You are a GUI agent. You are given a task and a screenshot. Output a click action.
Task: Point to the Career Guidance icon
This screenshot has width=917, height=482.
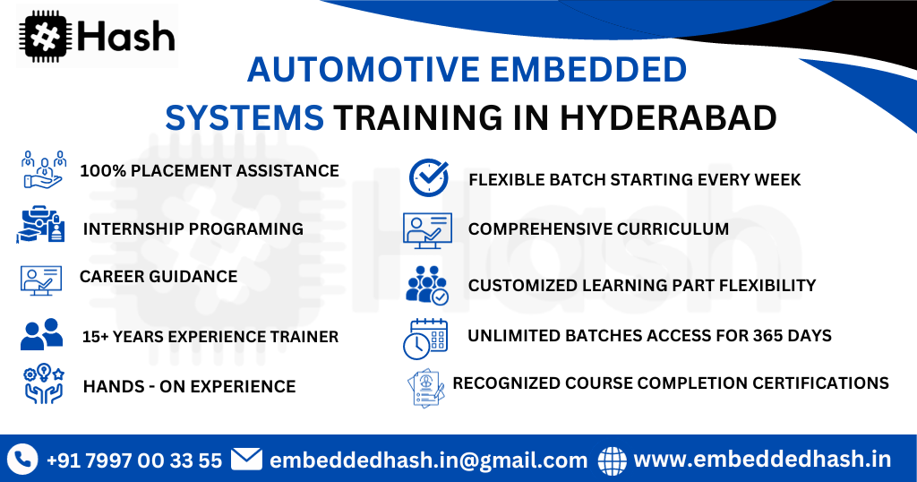tap(41, 279)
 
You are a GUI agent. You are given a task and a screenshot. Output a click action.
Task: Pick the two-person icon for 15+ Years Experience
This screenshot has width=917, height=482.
tap(41, 334)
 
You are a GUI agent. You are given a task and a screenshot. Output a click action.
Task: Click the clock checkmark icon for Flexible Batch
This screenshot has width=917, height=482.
tap(428, 177)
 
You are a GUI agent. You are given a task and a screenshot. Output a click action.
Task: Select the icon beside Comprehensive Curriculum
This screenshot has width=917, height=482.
tap(427, 229)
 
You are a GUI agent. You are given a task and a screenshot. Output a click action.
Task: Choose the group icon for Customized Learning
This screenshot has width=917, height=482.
tap(427, 284)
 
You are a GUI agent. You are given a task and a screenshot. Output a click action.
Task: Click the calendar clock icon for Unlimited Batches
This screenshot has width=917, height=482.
tap(424, 338)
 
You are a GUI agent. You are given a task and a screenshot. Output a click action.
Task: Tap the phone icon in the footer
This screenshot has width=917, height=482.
tap(22, 460)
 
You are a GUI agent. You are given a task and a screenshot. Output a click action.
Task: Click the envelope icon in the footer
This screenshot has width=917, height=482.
tap(246, 460)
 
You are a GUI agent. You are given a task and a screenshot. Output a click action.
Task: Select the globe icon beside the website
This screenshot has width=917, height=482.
tap(613, 460)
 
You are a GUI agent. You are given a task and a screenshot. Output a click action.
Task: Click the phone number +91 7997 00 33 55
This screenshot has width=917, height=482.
tap(134, 460)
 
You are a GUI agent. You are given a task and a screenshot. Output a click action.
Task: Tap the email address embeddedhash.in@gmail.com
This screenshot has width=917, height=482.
tap(428, 460)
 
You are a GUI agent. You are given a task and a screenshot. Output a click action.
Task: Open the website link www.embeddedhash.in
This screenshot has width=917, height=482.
tap(762, 460)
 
